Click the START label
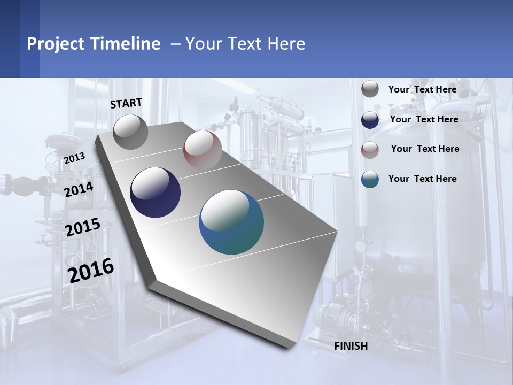[x=126, y=103]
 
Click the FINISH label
[x=351, y=346]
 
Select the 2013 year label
[x=74, y=158]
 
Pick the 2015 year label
[x=83, y=227]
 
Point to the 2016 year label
[x=91, y=271]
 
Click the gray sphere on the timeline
[x=130, y=132]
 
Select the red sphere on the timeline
[x=203, y=149]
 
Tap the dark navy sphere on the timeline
[x=156, y=192]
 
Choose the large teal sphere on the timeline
[x=231, y=222]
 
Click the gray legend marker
[x=370, y=89]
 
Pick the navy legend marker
[x=370, y=120]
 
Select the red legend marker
[x=370, y=150]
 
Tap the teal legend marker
[x=370, y=179]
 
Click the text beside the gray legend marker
[x=422, y=89]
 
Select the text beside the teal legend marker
[x=422, y=179]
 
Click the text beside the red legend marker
[x=425, y=149]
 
